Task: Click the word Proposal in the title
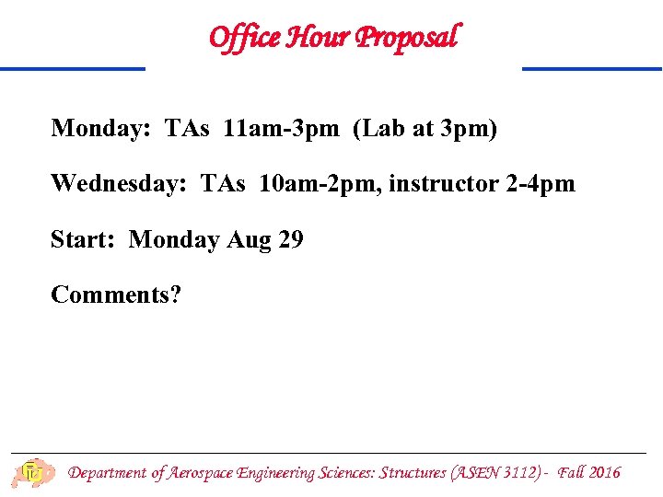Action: point(406,37)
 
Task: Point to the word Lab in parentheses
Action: point(386,128)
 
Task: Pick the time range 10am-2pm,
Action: point(320,184)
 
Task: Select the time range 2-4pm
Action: point(541,184)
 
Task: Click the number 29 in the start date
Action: point(290,240)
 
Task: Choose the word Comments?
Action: point(116,295)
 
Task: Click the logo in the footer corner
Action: point(33,473)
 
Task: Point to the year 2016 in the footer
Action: point(604,473)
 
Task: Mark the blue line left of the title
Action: point(73,68)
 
